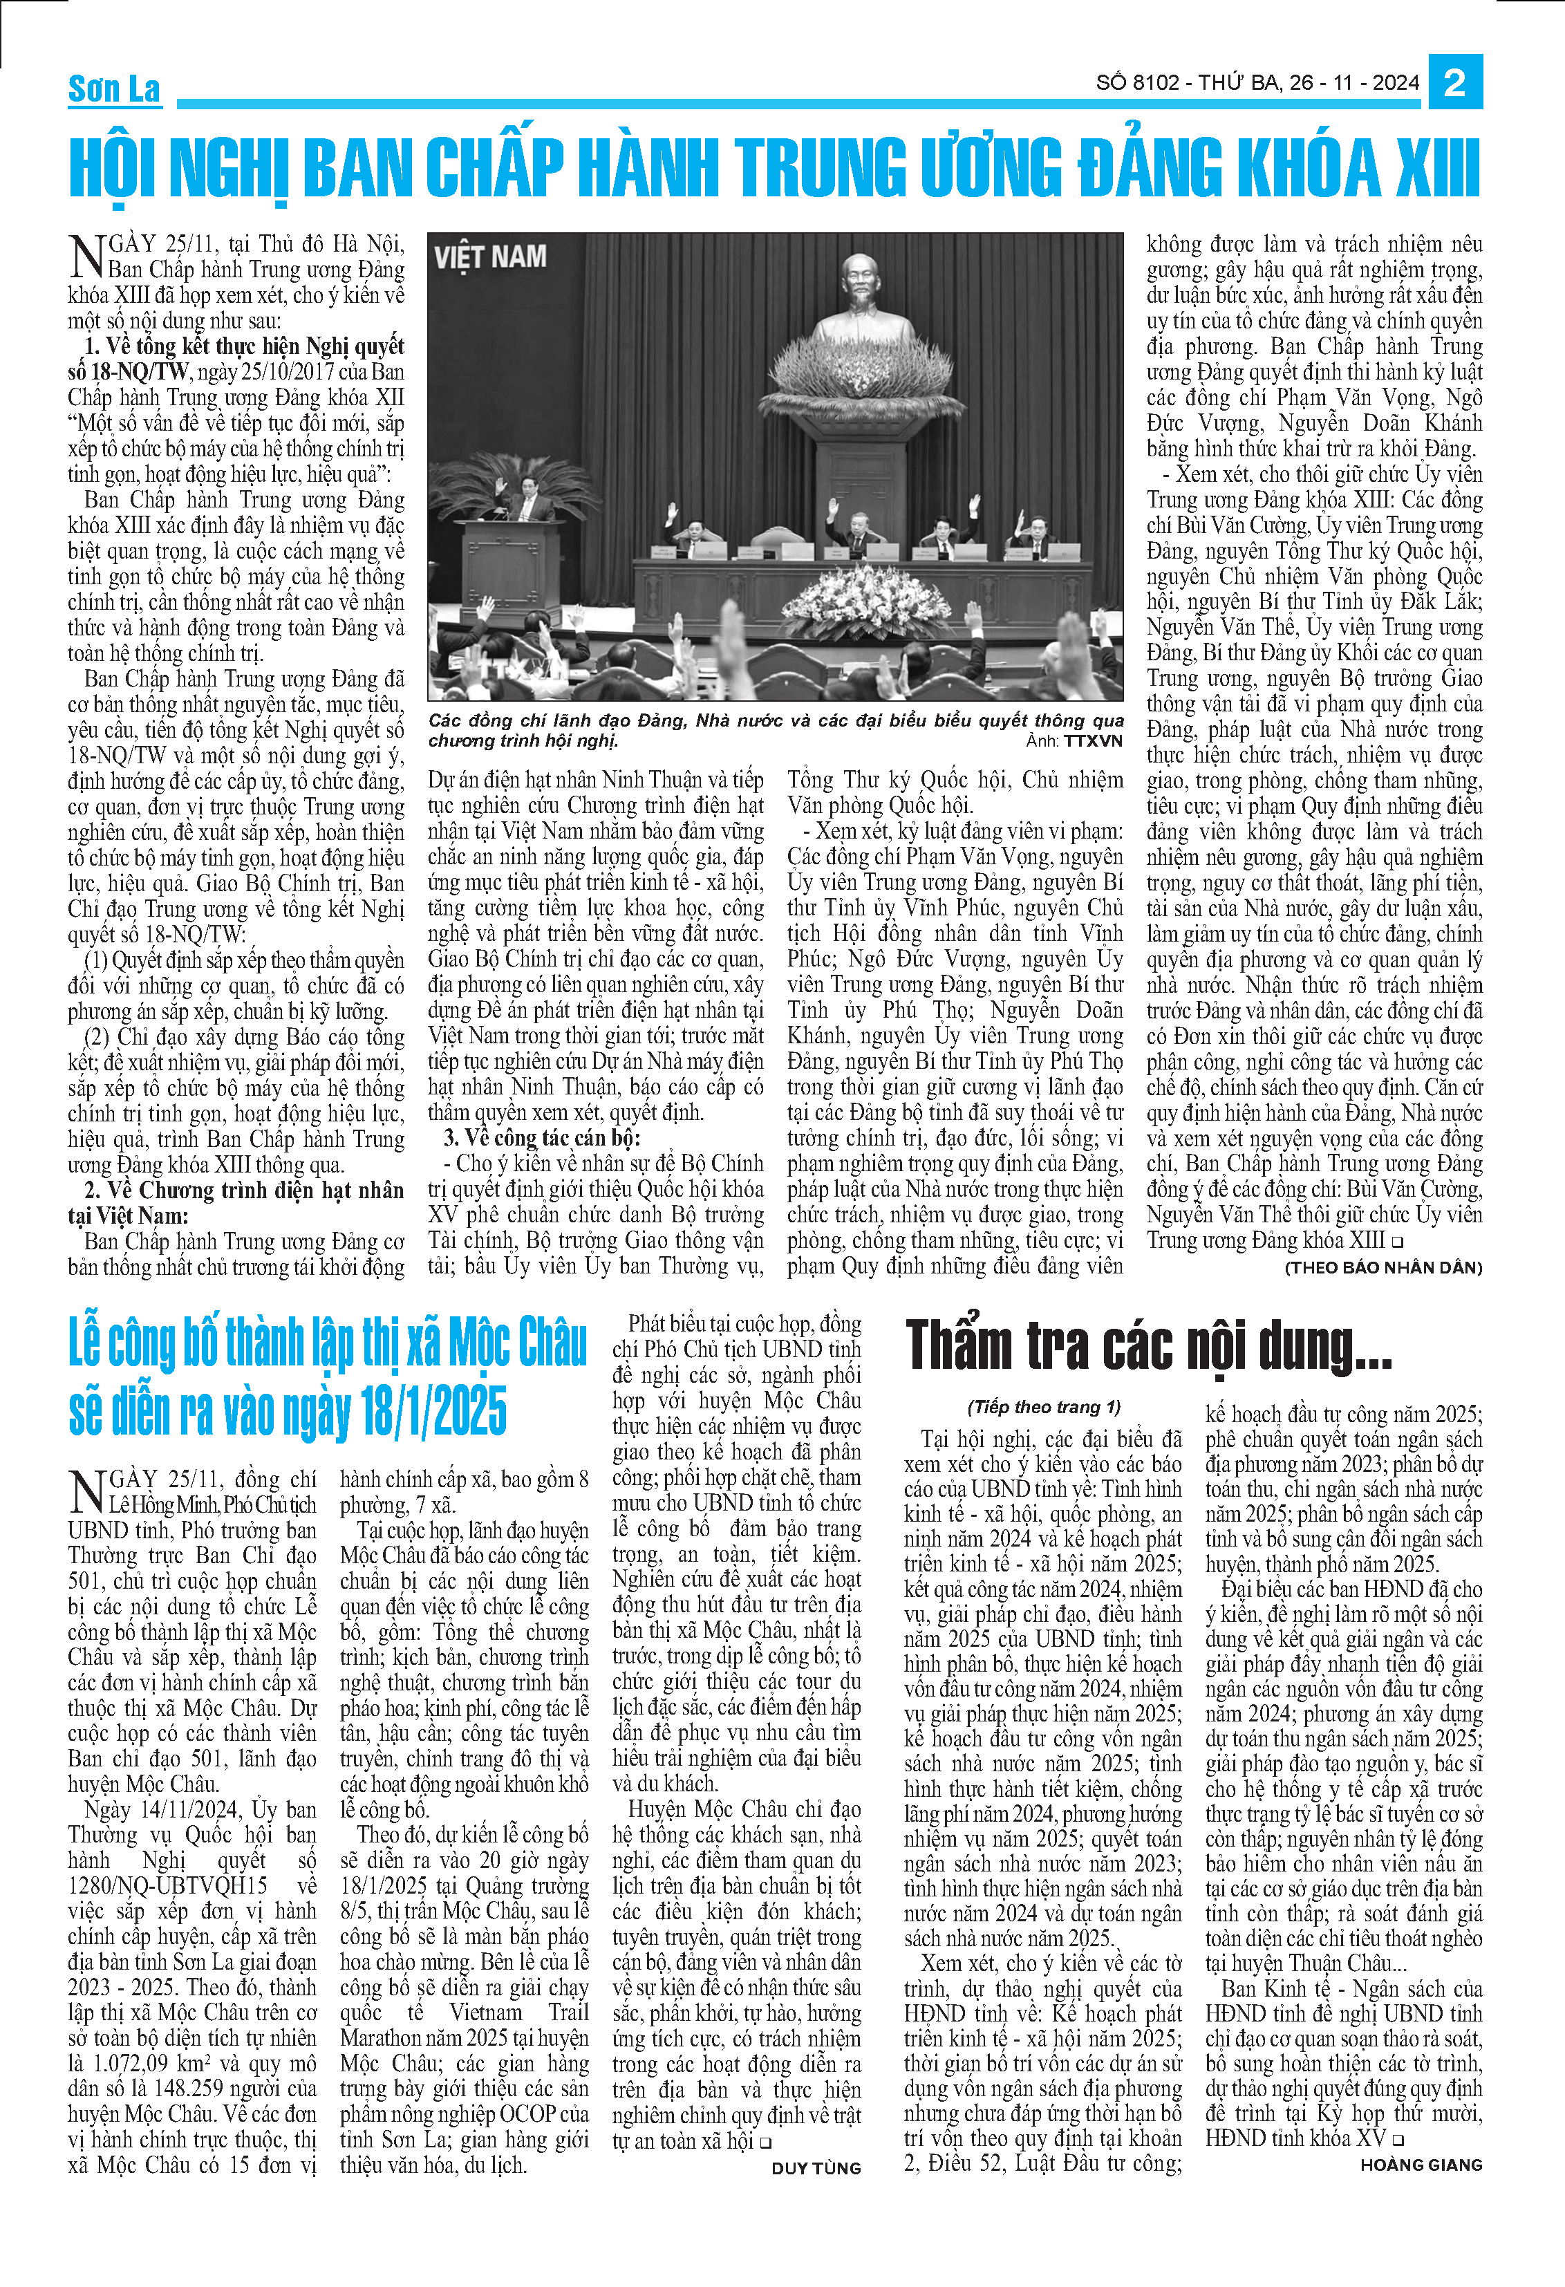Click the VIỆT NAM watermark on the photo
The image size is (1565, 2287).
click(x=490, y=258)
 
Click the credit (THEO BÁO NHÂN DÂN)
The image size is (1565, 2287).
click(x=1383, y=1267)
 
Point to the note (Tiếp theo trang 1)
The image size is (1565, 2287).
click(x=1044, y=1407)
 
